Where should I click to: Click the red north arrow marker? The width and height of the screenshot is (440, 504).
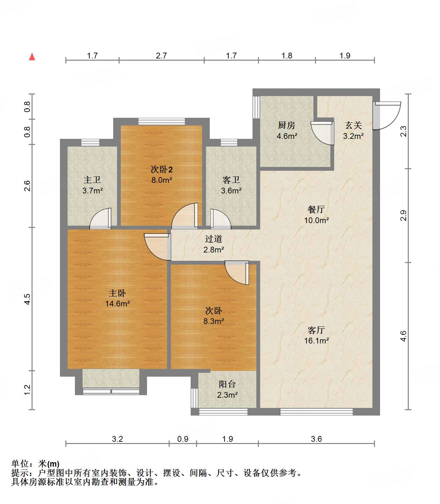(x=32, y=56)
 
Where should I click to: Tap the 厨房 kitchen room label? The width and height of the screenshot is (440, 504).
(x=286, y=125)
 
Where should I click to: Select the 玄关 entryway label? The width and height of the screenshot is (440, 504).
(x=353, y=125)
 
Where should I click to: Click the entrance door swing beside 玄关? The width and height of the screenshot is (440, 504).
(x=387, y=116)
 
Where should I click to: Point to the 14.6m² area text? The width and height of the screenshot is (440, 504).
(x=117, y=304)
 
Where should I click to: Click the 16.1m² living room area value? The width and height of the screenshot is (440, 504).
(x=316, y=341)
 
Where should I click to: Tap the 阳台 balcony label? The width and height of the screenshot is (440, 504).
(x=227, y=384)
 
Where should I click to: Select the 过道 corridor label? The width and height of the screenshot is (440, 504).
(x=213, y=239)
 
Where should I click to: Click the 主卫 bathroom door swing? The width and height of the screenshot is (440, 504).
(x=100, y=218)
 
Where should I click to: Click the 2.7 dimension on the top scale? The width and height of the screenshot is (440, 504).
(x=161, y=56)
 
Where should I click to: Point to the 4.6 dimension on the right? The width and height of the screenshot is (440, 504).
(x=404, y=336)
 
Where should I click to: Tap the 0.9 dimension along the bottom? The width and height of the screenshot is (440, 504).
(x=183, y=439)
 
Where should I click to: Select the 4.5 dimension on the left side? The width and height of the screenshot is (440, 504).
(x=27, y=299)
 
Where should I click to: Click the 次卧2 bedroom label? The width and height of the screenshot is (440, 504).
(x=162, y=169)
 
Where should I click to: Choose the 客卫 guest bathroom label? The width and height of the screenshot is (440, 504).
(x=231, y=180)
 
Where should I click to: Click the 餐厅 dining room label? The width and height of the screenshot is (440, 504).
(x=316, y=209)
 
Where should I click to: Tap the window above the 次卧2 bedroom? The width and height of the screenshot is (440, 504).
(x=162, y=122)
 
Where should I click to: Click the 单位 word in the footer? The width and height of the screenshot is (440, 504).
(x=19, y=463)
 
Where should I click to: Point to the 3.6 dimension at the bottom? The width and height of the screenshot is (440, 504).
(x=316, y=439)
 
